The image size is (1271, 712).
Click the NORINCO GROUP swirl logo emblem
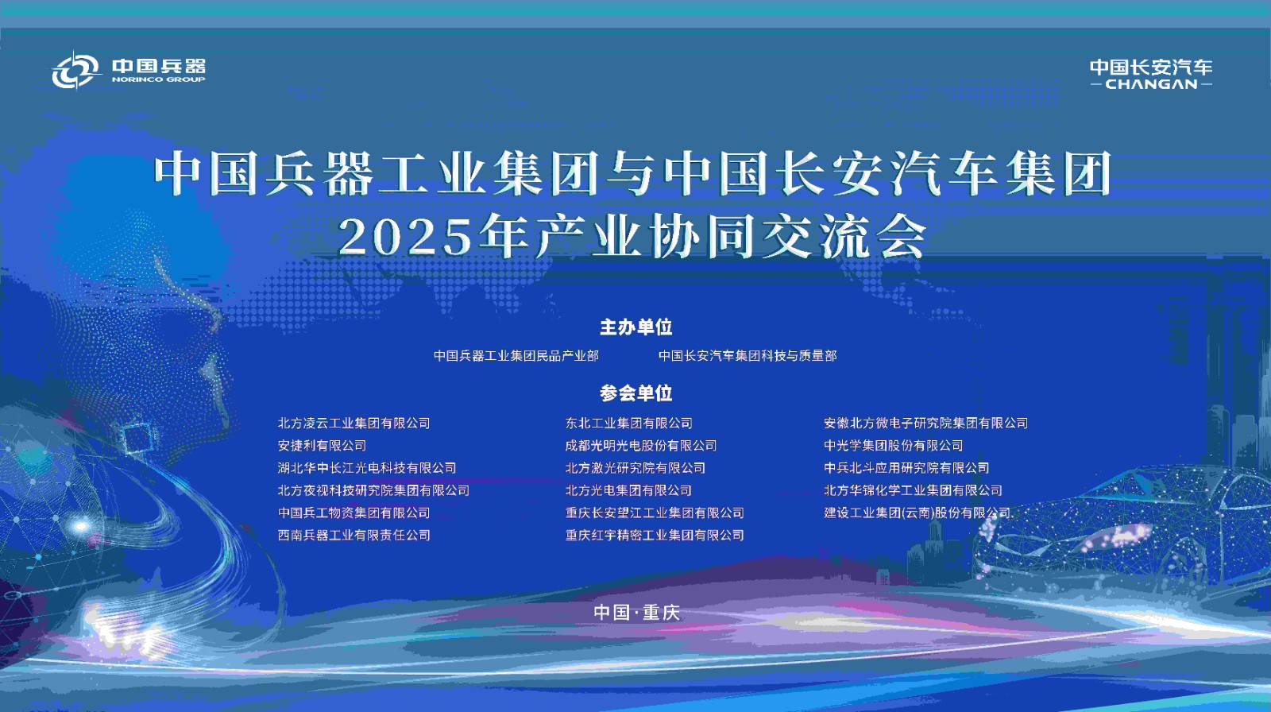click(x=75, y=71)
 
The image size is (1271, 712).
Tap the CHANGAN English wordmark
click(x=1151, y=84)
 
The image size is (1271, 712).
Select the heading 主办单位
click(x=635, y=327)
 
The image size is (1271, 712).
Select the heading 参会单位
click(x=635, y=393)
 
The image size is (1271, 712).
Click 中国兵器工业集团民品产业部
click(x=516, y=356)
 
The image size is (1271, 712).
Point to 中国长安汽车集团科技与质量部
click(x=748, y=356)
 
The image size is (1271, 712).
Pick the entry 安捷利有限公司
click(x=322, y=446)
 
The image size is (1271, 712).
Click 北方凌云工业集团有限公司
click(x=353, y=424)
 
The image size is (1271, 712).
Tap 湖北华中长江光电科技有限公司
click(x=367, y=468)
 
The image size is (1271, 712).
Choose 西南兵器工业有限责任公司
click(x=353, y=536)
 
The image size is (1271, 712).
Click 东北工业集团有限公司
click(x=628, y=424)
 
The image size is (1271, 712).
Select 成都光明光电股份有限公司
click(x=641, y=446)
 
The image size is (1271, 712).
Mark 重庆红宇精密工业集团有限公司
click(x=655, y=536)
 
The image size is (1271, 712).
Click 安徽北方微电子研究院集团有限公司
click(x=925, y=424)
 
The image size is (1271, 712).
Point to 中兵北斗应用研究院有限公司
click(x=906, y=468)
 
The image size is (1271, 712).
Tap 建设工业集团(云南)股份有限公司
click(x=917, y=513)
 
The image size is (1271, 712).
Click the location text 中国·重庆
click(x=636, y=613)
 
